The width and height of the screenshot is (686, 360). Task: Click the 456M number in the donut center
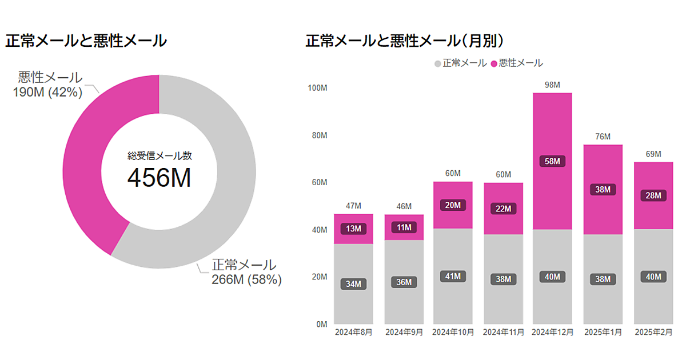[159, 179]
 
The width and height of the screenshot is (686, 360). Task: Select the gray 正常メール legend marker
[438, 63]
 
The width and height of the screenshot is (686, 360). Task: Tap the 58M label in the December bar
[552, 161]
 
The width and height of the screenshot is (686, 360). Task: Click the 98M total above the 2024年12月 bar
[552, 85]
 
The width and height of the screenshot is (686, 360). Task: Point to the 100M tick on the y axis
[317, 88]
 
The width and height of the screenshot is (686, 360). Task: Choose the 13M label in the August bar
[353, 229]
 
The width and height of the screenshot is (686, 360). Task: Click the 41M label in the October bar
[453, 276]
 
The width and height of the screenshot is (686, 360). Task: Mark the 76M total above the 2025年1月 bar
[603, 137]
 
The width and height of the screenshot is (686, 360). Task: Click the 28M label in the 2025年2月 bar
[653, 195]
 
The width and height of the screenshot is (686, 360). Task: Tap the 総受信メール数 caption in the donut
[159, 156]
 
